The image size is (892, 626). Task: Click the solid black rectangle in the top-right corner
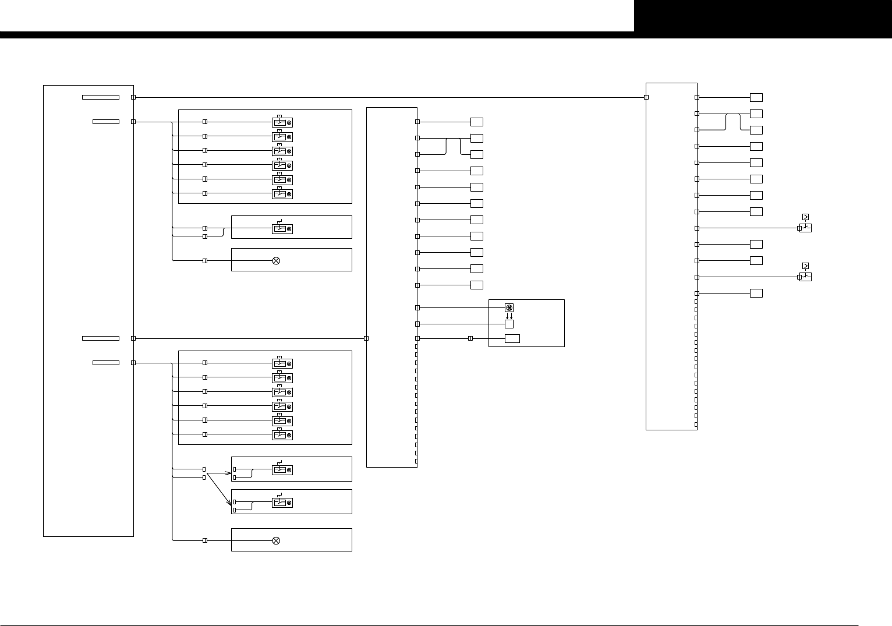pos(763,16)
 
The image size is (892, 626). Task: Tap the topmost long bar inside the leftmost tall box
pos(101,97)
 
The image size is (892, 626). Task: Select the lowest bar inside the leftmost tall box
pos(106,363)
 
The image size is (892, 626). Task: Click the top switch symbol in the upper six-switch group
pos(282,122)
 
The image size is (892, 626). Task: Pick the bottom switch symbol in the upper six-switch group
pos(282,194)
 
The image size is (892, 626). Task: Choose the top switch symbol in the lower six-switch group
pos(282,363)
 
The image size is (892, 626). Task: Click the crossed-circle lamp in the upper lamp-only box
pos(276,261)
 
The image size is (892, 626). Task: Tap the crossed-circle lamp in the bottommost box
pos(276,540)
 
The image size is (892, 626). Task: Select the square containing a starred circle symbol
pos(509,307)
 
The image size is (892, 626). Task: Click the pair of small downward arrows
pos(509,316)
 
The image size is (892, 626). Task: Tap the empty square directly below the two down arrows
pos(509,324)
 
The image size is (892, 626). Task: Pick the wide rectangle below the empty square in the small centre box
pos(512,339)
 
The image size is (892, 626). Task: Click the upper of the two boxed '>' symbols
pos(805,217)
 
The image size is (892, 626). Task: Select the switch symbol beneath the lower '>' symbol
pos(805,277)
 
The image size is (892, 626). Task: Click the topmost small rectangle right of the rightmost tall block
pos(756,97)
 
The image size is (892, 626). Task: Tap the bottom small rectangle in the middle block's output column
pos(477,285)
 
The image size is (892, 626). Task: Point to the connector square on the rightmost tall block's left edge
pos(646,97)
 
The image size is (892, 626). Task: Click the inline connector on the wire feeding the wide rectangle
pos(470,338)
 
